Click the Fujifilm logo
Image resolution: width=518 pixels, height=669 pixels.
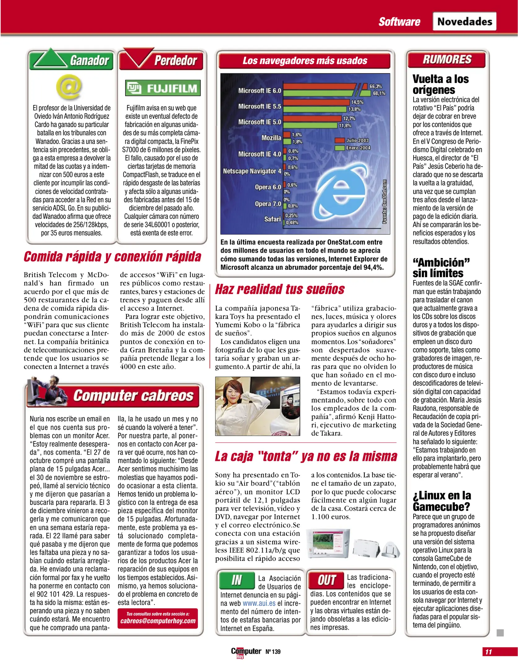click(x=163, y=88)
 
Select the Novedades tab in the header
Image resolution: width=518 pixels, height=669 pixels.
click(x=464, y=22)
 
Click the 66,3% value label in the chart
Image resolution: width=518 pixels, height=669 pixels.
click(x=375, y=86)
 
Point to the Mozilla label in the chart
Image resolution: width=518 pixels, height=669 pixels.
click(x=271, y=138)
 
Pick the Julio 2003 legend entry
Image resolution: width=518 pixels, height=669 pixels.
click(x=353, y=140)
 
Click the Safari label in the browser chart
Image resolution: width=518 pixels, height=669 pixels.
click(x=272, y=219)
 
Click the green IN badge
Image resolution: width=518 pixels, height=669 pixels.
click(x=237, y=580)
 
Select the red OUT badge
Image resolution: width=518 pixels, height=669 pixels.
click(x=326, y=580)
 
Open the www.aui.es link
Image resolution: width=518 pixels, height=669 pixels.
click(x=259, y=603)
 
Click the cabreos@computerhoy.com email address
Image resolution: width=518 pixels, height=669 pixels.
click(x=158, y=621)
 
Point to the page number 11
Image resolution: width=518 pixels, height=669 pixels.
click(x=488, y=652)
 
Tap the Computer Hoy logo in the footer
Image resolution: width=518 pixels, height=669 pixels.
click(x=246, y=652)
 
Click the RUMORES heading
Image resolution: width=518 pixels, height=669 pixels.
click(x=447, y=59)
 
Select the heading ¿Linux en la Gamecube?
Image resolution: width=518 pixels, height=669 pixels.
click(x=442, y=501)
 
